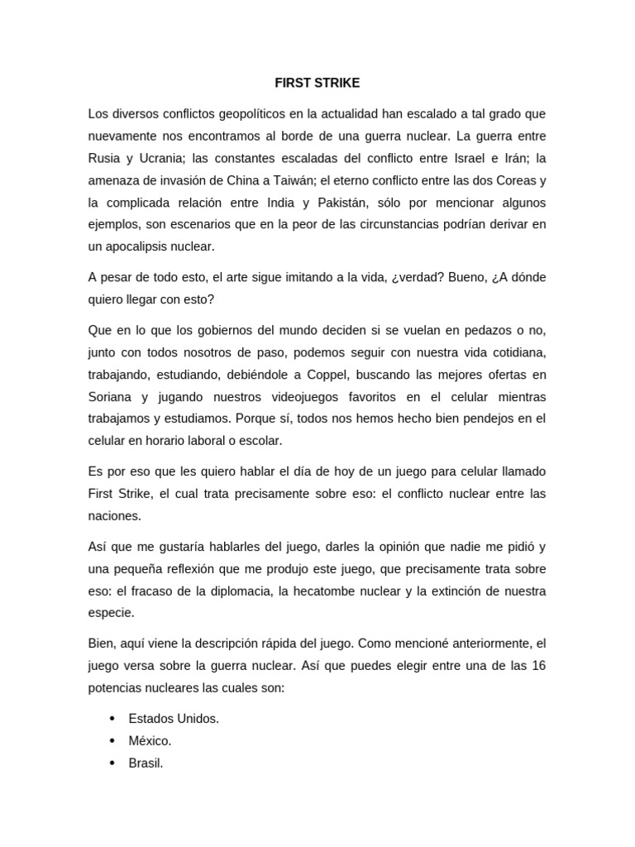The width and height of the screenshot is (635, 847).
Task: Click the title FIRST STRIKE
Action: [317, 84]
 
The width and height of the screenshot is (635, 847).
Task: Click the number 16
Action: [537, 666]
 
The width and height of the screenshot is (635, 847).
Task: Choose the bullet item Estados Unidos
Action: [174, 719]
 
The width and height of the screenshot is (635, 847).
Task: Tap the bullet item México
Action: [150, 741]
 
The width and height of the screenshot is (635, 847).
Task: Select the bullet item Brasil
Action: [146, 763]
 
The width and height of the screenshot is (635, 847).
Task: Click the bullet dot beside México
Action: [112, 741]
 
